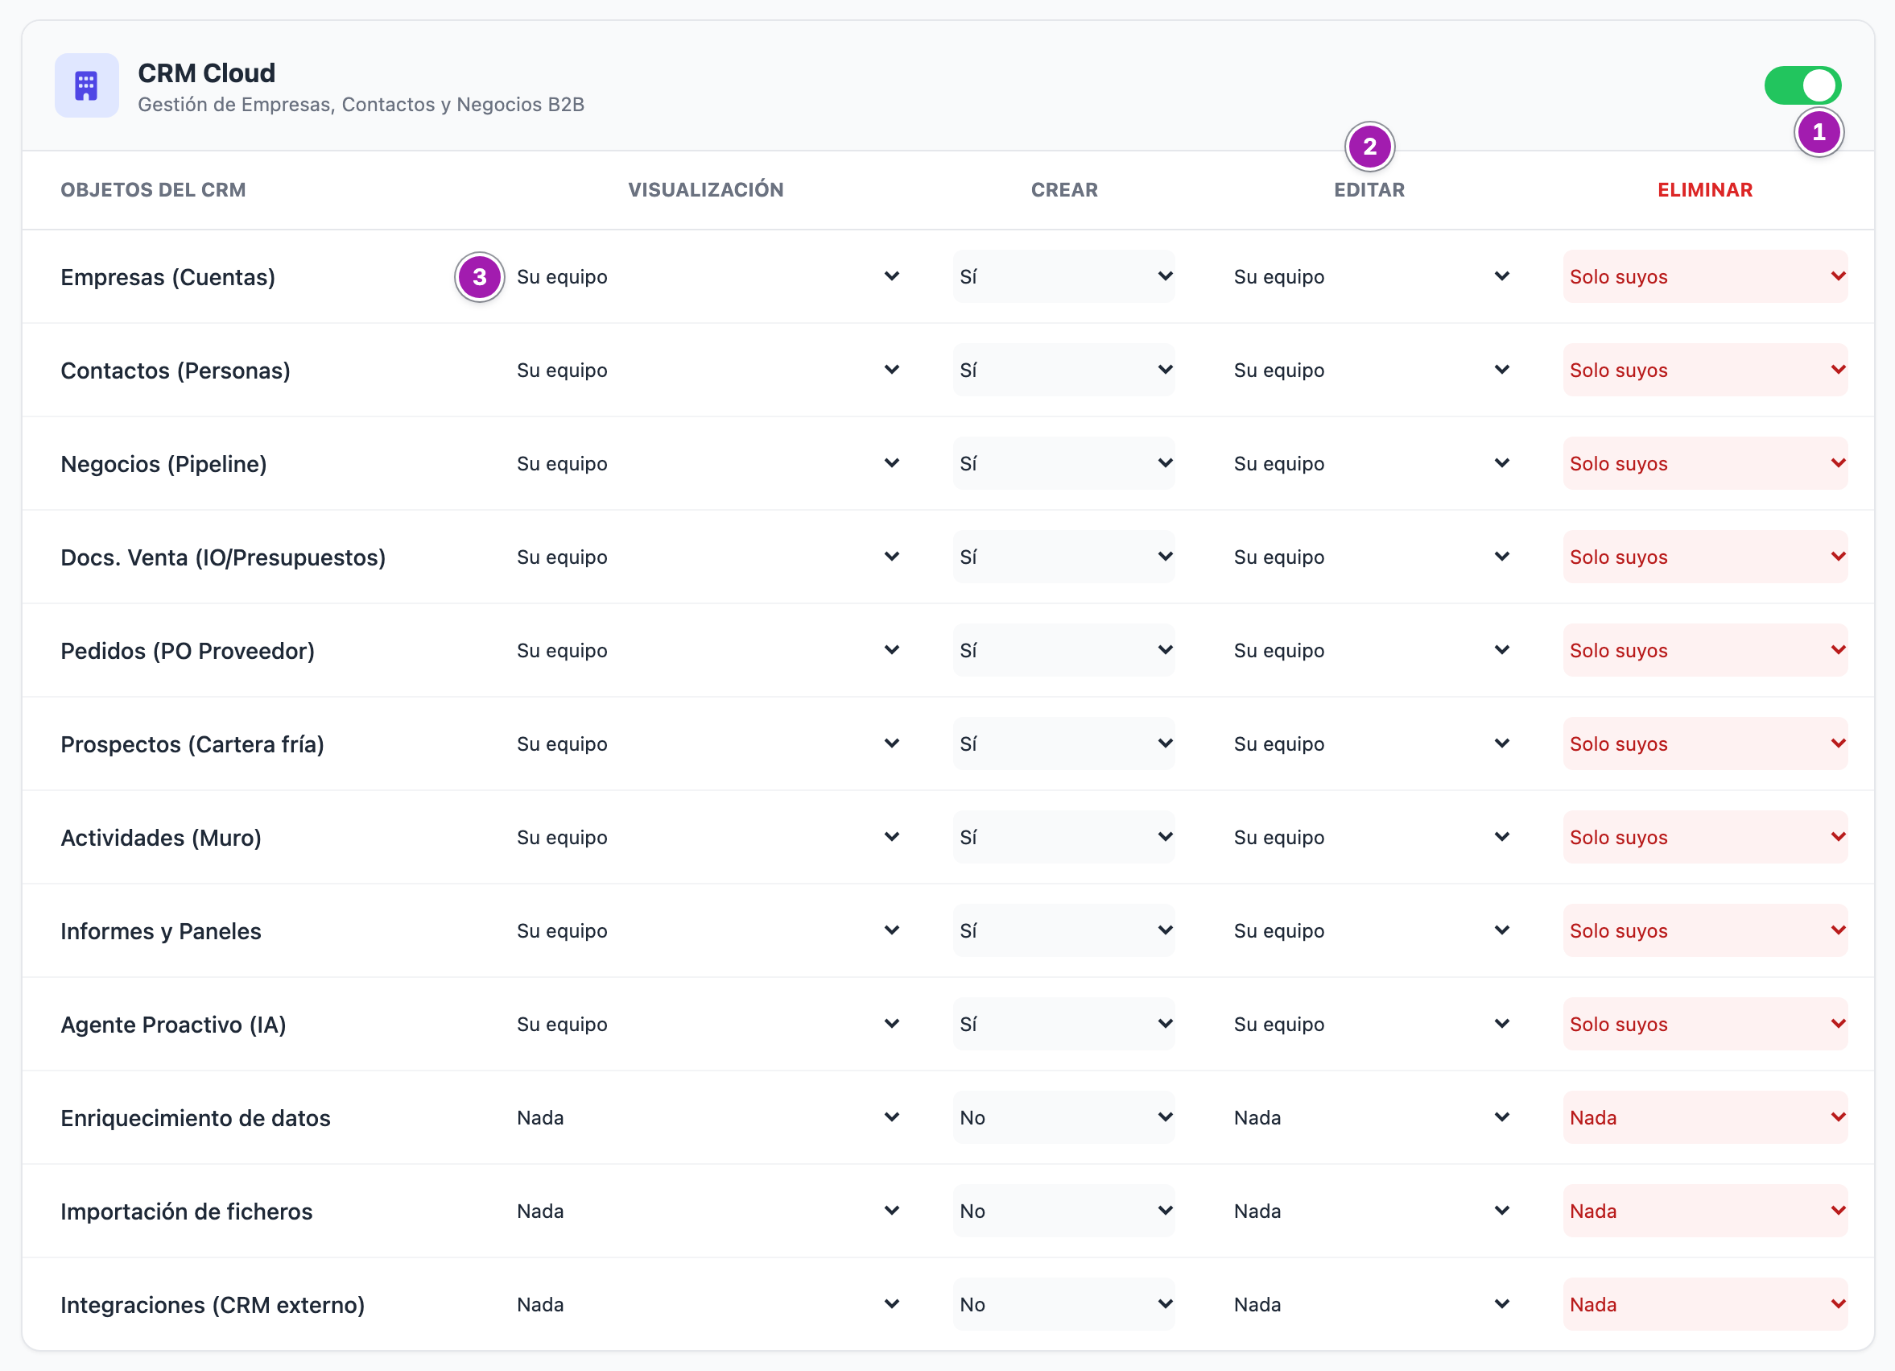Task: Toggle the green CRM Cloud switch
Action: tap(1802, 85)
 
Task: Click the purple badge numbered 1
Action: tap(1819, 133)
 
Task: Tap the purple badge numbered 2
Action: tap(1369, 147)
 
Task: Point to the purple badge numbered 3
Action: tap(480, 278)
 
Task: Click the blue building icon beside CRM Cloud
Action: tap(87, 85)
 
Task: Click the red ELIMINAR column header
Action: tap(1704, 191)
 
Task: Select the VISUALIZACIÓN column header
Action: tap(706, 191)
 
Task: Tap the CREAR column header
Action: tap(1063, 191)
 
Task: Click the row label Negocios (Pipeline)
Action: tap(163, 464)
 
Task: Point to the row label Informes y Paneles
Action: tap(161, 931)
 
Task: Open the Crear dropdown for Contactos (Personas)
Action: tap(1063, 371)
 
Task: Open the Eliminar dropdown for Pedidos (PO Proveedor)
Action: tap(1705, 650)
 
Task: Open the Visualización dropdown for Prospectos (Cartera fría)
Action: tap(706, 744)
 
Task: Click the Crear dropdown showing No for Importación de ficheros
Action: tap(1063, 1212)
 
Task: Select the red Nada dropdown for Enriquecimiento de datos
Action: tap(1705, 1118)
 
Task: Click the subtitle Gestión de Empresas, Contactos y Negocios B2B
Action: tap(361, 106)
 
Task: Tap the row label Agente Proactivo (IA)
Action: tap(174, 1025)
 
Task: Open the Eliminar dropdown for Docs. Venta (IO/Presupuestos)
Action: tap(1705, 557)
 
